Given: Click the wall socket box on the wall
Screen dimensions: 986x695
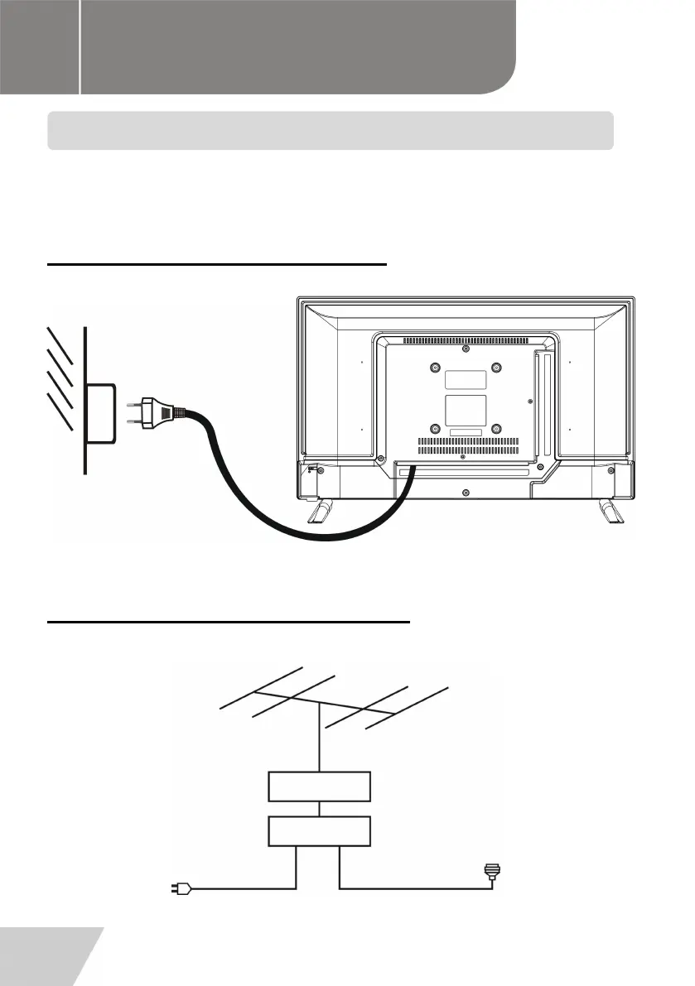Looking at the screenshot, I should click(x=100, y=411).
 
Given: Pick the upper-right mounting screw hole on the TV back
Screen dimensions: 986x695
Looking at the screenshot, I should click(x=496, y=368).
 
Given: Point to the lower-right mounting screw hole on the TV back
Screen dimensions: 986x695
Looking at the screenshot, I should click(x=496, y=429).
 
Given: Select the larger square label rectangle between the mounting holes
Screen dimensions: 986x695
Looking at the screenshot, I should click(x=466, y=411).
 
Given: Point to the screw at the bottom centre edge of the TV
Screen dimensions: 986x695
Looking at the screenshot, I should click(x=466, y=492).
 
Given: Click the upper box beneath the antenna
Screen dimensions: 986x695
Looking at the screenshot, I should click(x=319, y=786).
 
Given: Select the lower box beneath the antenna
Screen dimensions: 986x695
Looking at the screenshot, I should click(x=319, y=830).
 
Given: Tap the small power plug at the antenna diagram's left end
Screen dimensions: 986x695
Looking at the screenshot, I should click(x=183, y=890).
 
